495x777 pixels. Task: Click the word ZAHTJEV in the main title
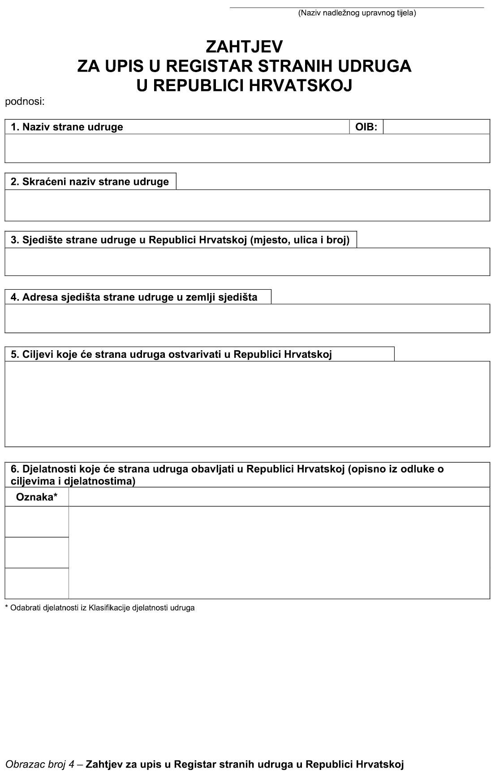tap(244, 47)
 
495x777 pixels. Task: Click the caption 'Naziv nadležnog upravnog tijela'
tap(357, 13)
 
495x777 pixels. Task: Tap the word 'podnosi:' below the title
tap(25, 102)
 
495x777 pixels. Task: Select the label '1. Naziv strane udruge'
tap(67, 127)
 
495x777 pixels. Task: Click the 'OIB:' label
tap(366, 127)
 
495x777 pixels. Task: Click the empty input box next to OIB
tap(436, 127)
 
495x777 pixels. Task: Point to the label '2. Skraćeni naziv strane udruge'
tap(90, 182)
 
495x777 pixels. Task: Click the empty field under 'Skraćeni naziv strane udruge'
tap(247, 205)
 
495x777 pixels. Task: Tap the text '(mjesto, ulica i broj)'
tap(300, 240)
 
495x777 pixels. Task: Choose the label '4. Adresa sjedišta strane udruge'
tap(134, 297)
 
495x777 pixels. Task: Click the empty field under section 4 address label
tap(247, 318)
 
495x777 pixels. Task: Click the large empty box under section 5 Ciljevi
tap(247, 404)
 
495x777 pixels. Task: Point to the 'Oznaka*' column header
tap(37, 497)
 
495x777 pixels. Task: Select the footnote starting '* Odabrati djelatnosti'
tap(99, 608)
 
